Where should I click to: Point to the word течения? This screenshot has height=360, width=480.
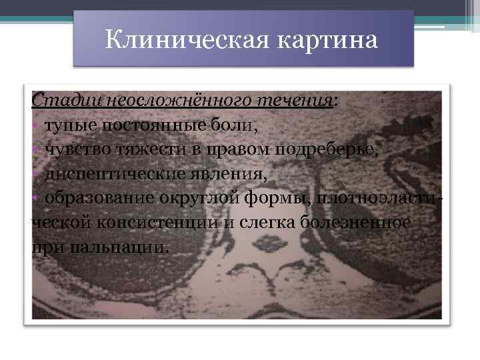tap(295, 100)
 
